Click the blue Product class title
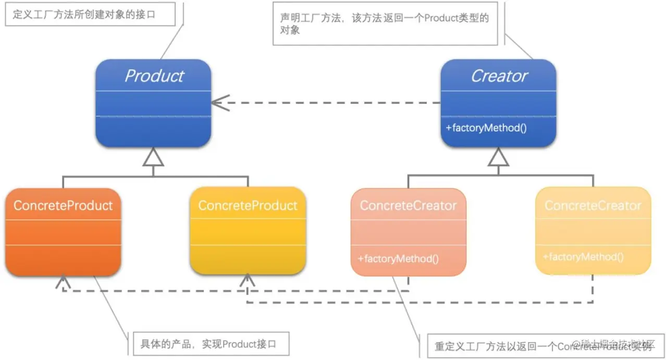[x=154, y=76]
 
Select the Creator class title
[x=499, y=76]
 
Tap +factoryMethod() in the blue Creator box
[x=486, y=127]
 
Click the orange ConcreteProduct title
[x=63, y=205]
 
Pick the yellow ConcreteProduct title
[x=248, y=205]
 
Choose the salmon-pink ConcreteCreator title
[x=408, y=206]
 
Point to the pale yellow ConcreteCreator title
[x=593, y=206]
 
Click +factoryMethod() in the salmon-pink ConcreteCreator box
[x=398, y=258]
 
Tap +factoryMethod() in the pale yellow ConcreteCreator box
[x=583, y=257]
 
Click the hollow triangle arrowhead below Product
[x=153, y=157]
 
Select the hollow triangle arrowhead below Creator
[x=499, y=157]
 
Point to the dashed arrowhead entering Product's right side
[x=219, y=103]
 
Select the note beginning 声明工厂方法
[x=385, y=24]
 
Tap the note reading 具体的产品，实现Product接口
[x=208, y=344]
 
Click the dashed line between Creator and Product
[x=334, y=103]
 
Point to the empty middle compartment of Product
[x=153, y=104]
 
